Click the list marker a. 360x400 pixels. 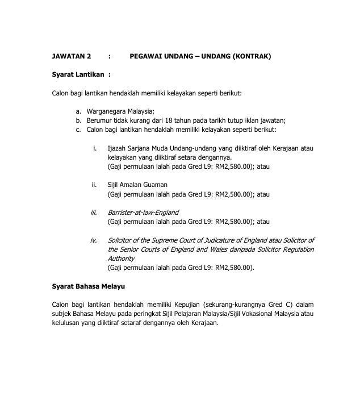pos(78,111)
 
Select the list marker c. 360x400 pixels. pos(78,130)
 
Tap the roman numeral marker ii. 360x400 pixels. pos(94,185)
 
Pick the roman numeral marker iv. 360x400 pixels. pos(94,240)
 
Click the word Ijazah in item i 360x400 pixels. pos(117,148)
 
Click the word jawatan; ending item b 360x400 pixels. pos(273,120)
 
